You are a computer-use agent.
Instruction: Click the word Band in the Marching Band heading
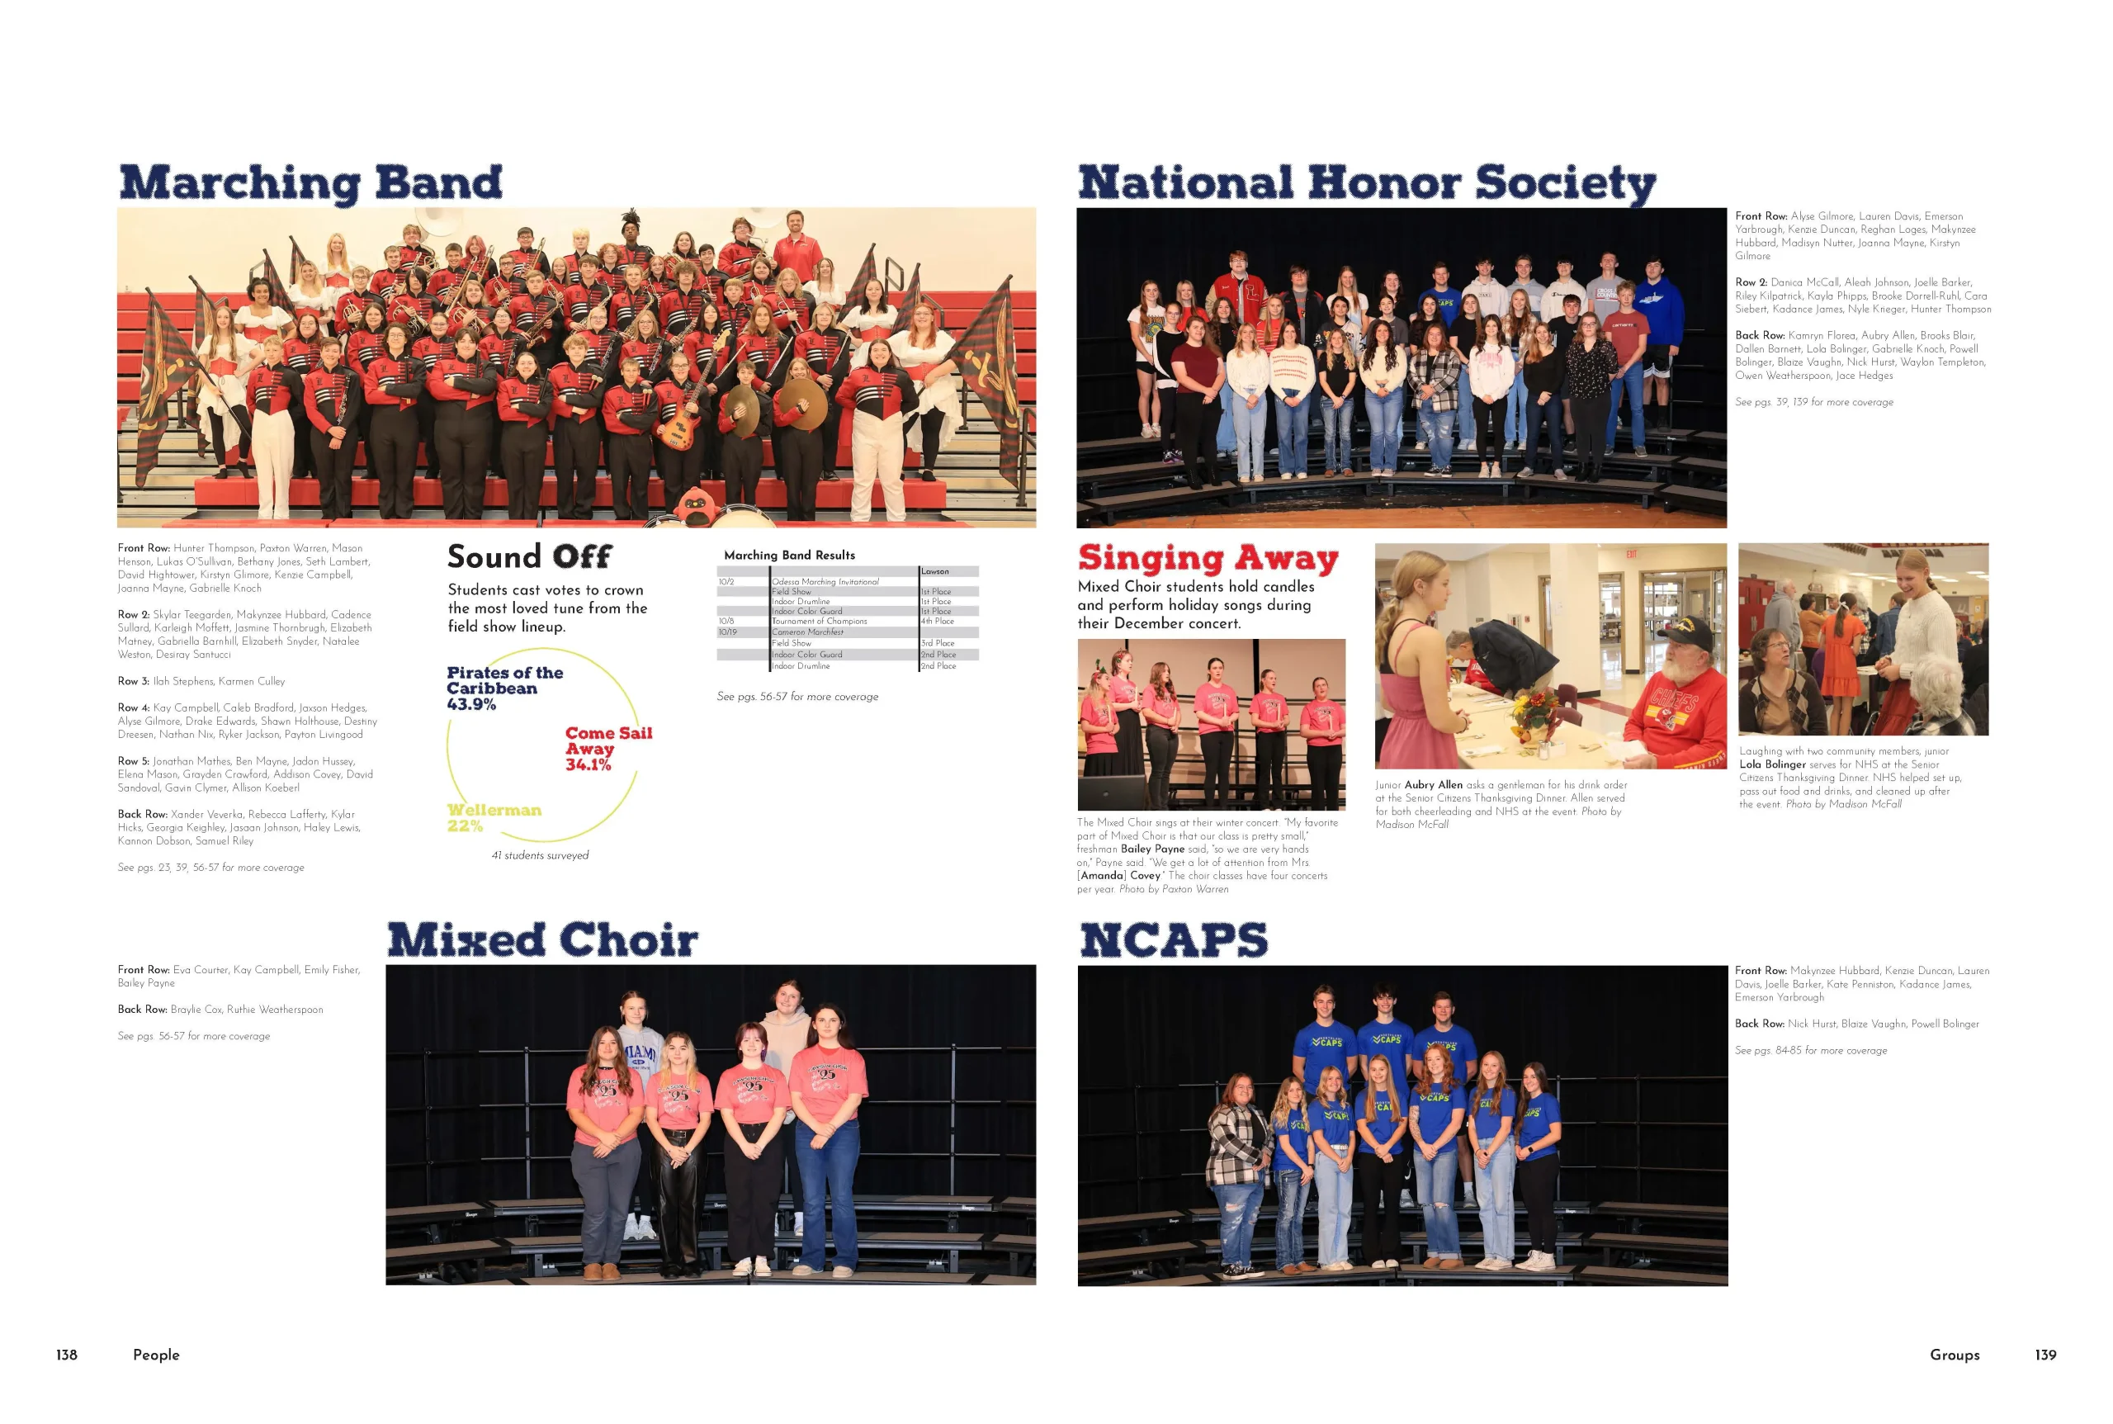pos(437,182)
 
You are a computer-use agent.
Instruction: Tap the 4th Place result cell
pos(937,621)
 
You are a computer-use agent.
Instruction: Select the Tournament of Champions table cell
pos(819,621)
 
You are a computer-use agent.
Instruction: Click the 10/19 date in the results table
pos(727,632)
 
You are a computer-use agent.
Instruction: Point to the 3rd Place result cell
pos(937,643)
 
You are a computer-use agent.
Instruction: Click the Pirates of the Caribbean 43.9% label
pos(504,688)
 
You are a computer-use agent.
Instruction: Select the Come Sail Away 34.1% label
pos(608,749)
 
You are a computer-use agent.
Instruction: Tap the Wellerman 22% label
pos(494,817)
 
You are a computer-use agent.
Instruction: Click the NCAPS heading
pos(1173,940)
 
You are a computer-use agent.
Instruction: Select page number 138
pos(67,1354)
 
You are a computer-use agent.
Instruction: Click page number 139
pos(2044,1354)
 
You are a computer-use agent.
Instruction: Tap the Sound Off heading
pos(529,556)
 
